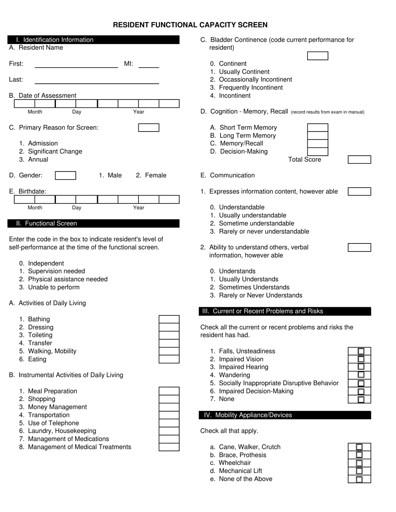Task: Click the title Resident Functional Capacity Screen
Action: pyautogui.click(x=190, y=25)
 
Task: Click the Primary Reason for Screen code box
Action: pyautogui.click(x=148, y=127)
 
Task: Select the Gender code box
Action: pyautogui.click(x=65, y=176)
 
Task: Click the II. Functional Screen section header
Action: pyautogui.click(x=93, y=224)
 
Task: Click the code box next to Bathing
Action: pyautogui.click(x=169, y=319)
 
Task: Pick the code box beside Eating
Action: pyautogui.click(x=169, y=359)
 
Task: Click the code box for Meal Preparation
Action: pyautogui.click(x=169, y=391)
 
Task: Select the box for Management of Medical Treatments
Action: pyautogui.click(x=169, y=447)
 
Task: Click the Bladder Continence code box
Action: pyautogui.click(x=317, y=56)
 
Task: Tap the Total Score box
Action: pyautogui.click(x=359, y=160)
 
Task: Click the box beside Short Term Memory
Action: pyautogui.click(x=317, y=127)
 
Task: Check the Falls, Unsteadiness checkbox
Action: pyautogui.click(x=361, y=351)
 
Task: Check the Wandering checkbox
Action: pyautogui.click(x=361, y=375)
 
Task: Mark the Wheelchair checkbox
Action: pyautogui.click(x=359, y=463)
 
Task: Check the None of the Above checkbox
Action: pyautogui.click(x=359, y=479)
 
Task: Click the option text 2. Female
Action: pyautogui.click(x=151, y=176)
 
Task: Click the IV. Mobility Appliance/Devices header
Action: pyautogui.click(x=285, y=415)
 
